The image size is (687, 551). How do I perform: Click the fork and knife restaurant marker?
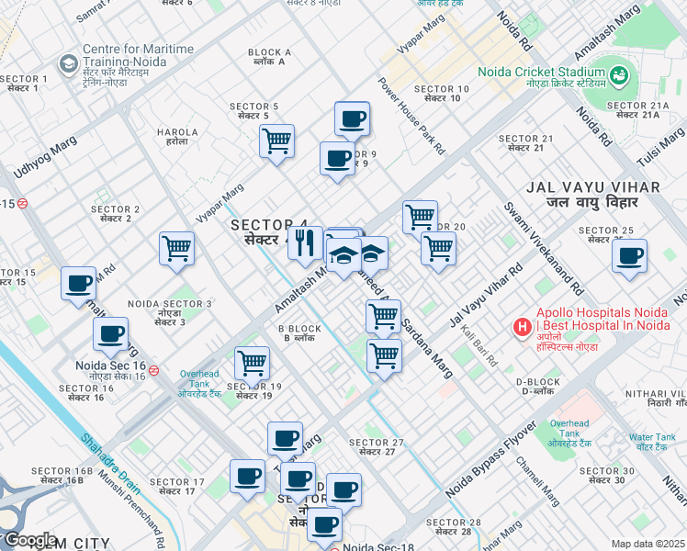306,243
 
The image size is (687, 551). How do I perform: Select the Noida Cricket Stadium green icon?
618,73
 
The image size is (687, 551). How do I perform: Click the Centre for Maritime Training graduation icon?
67,63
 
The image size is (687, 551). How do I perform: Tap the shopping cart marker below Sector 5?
276,141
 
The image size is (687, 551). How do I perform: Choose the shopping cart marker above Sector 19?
251,362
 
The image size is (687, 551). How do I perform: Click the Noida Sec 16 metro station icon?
154,371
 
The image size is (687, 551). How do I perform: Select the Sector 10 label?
442,94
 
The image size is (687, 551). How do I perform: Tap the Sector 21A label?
637,111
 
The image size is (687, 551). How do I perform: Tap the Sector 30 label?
606,476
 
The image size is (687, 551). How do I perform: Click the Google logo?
29,540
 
